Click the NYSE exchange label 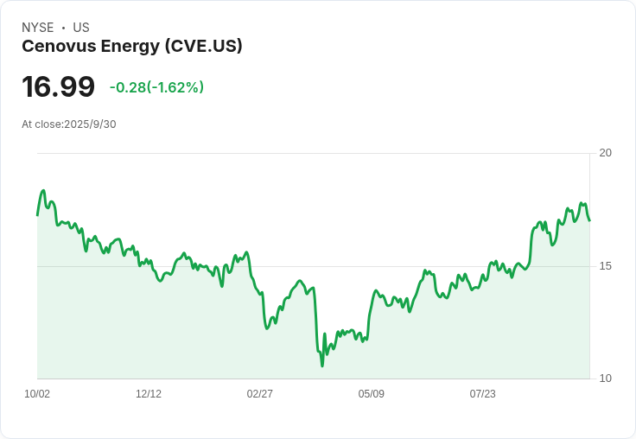point(37,28)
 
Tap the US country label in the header point(81,28)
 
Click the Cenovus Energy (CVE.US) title point(131,47)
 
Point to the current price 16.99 point(58,86)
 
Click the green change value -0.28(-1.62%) point(156,87)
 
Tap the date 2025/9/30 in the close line point(90,124)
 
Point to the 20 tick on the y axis point(605,153)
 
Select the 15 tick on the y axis point(605,266)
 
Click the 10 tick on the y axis point(605,379)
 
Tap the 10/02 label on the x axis point(37,394)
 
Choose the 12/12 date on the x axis point(149,394)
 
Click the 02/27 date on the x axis point(259,394)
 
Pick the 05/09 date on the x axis point(371,394)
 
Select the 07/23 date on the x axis point(482,394)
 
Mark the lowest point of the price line point(322,366)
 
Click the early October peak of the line point(43,191)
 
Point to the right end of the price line point(589,219)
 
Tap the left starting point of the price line point(37,214)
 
